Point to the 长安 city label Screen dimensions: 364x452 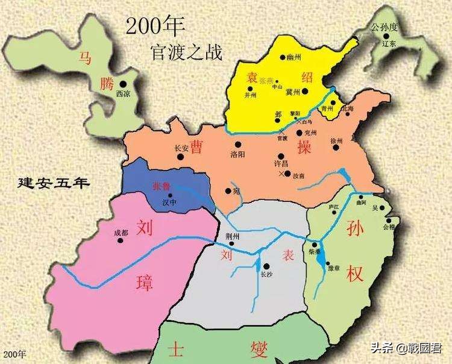pos(181,148)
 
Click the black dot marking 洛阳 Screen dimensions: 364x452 pos(238,144)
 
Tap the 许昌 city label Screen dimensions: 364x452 pos(281,164)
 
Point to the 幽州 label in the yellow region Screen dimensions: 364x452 pos(293,57)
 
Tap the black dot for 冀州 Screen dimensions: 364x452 pos(305,92)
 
